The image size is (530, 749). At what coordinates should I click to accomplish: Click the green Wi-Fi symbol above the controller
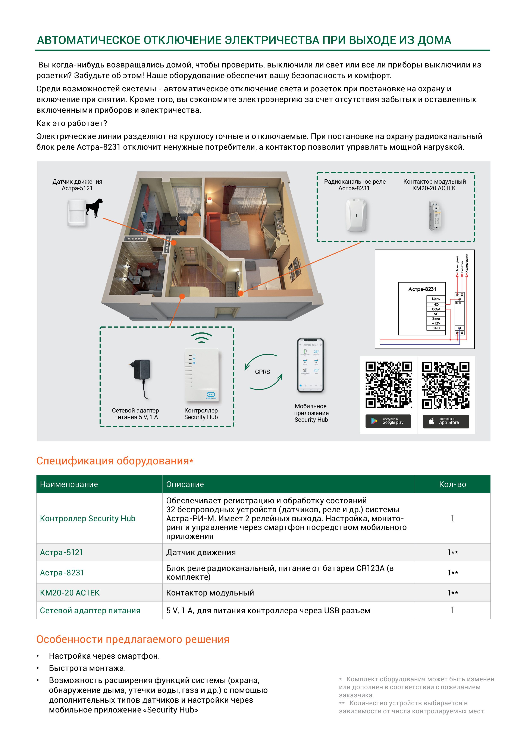pyautogui.click(x=201, y=338)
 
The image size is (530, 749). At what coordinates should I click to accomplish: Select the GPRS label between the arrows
pyautogui.click(x=262, y=372)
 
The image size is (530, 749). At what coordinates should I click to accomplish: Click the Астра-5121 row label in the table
pyautogui.click(x=62, y=552)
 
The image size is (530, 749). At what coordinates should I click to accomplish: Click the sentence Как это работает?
pyautogui.click(x=72, y=123)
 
